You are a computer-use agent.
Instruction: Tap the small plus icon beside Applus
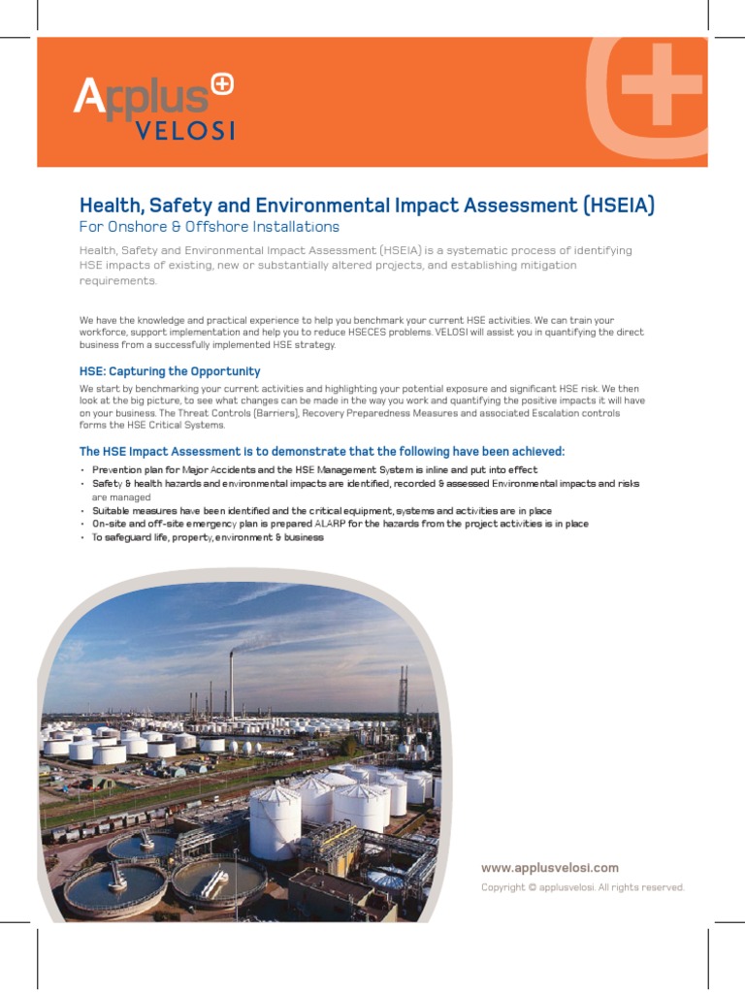click(x=222, y=86)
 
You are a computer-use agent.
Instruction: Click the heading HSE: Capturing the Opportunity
click(x=170, y=371)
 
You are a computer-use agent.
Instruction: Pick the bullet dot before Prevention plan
click(x=82, y=470)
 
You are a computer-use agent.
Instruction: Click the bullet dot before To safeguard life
click(x=82, y=537)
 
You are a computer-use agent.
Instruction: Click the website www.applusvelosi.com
click(x=550, y=868)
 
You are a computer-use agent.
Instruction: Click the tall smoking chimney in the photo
click(x=231, y=687)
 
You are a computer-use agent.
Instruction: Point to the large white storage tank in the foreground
click(x=275, y=821)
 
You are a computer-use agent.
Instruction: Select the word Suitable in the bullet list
click(x=112, y=510)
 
